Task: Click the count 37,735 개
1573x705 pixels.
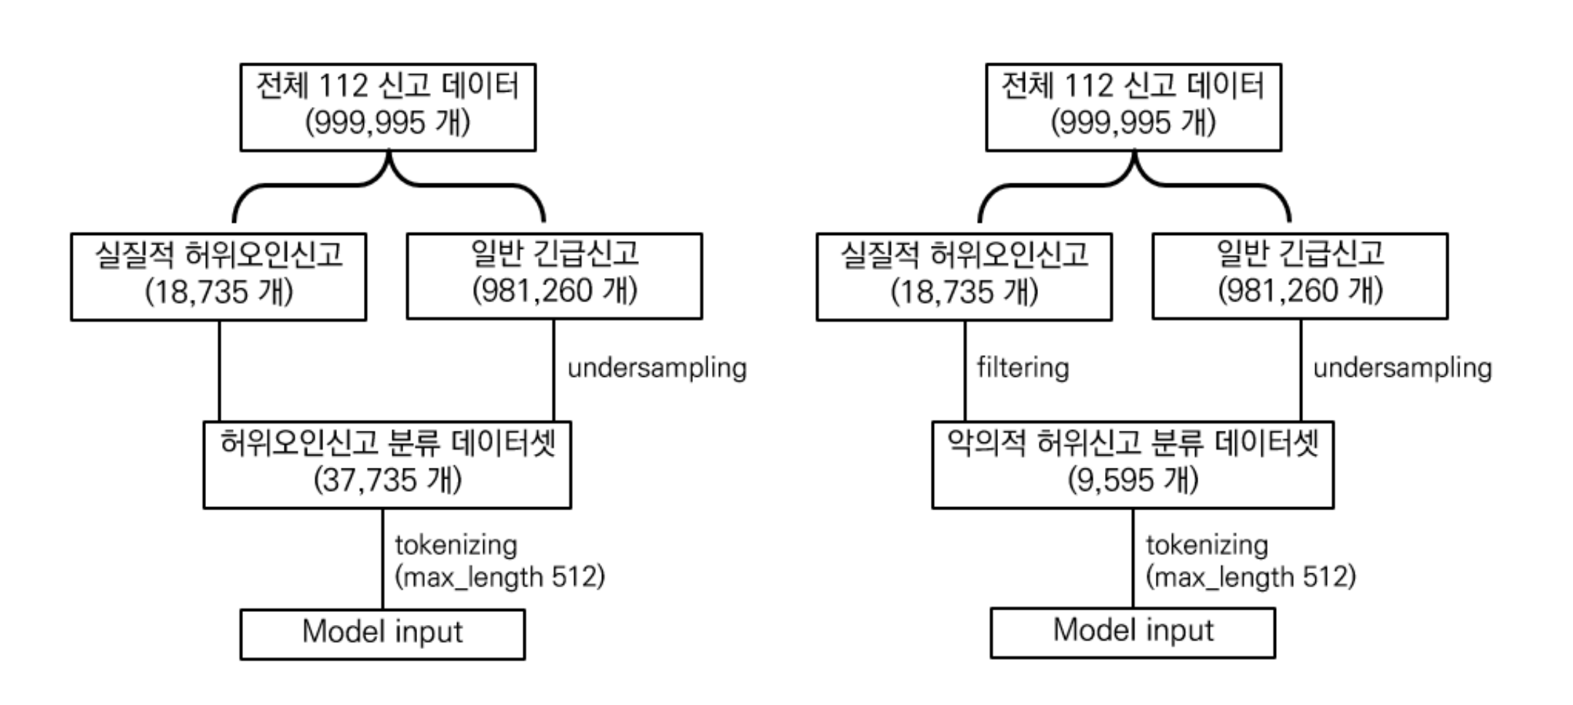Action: tap(387, 480)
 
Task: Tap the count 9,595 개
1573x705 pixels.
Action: tap(1133, 480)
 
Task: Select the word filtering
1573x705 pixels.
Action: tap(1023, 367)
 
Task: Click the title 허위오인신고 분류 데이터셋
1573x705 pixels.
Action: tap(387, 443)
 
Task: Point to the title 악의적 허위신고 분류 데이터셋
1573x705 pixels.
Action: tap(1133, 443)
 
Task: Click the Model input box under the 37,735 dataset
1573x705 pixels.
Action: tap(382, 634)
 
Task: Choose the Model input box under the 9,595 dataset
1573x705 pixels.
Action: tap(1133, 632)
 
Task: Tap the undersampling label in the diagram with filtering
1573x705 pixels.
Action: tap(1402, 367)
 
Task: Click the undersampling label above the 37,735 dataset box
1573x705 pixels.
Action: tap(657, 367)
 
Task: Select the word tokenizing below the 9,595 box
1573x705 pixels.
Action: tap(1207, 545)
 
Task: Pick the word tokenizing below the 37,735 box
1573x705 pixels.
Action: tap(456, 545)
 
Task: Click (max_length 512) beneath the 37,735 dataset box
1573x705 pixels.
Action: tap(499, 578)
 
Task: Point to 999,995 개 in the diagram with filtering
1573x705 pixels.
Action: tap(1133, 122)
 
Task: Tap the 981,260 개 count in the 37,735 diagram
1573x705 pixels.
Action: tap(555, 291)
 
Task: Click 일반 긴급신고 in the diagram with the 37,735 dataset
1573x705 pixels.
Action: tap(555, 254)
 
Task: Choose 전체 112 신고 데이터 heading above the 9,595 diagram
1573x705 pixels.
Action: tap(1133, 87)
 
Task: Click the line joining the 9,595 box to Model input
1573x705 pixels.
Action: tap(1133, 559)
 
